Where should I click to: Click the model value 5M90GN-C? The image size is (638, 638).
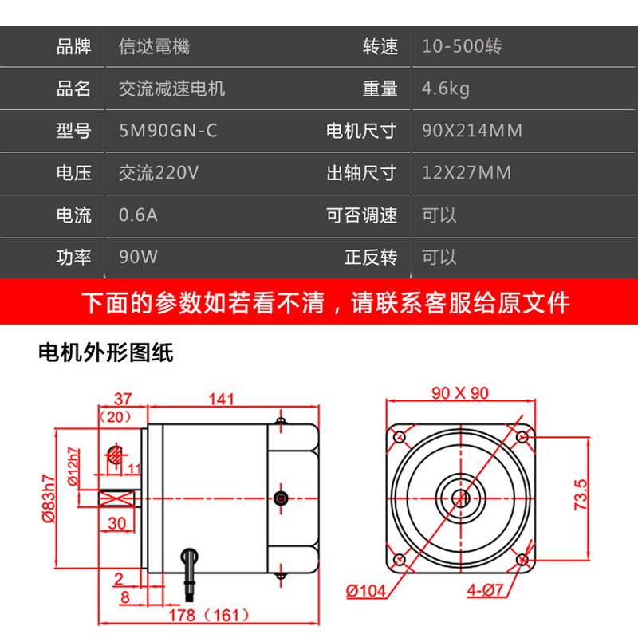pyautogui.click(x=167, y=130)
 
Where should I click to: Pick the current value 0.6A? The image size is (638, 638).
pyautogui.click(x=137, y=215)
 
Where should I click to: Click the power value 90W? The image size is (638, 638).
pyautogui.click(x=137, y=258)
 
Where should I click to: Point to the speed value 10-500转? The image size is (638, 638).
pyautogui.click(x=462, y=46)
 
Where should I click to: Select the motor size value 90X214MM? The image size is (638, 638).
pyautogui.click(x=472, y=130)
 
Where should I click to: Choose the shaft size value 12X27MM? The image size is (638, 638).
pyautogui.click(x=467, y=173)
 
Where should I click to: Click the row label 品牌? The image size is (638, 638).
pyautogui.click(x=74, y=46)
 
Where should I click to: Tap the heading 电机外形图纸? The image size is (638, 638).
pyautogui.click(x=106, y=352)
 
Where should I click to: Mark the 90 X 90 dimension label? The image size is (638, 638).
pyautogui.click(x=460, y=392)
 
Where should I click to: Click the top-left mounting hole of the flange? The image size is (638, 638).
pyautogui.click(x=398, y=437)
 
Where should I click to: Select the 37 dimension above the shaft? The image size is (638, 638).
pyautogui.click(x=121, y=398)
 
